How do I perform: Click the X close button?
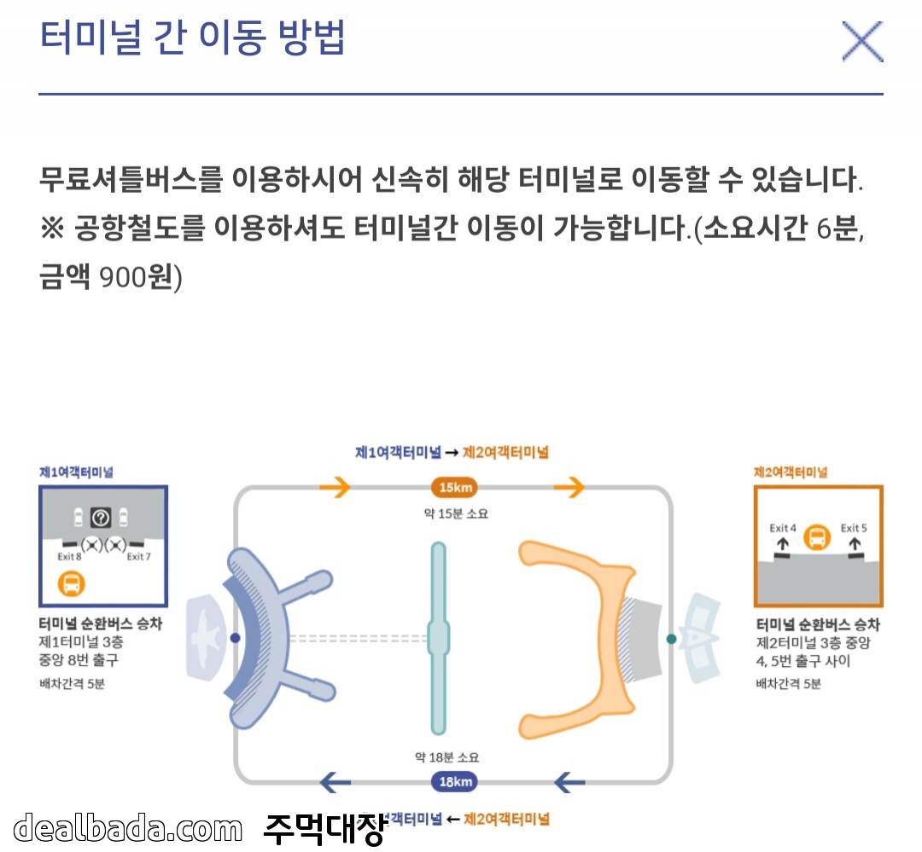coord(861,41)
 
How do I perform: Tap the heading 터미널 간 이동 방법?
coord(192,38)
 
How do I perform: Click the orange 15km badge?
coord(454,488)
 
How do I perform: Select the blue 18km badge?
coord(454,781)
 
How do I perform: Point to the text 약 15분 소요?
coord(454,513)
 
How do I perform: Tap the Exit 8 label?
coord(69,557)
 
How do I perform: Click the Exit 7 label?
coord(139,557)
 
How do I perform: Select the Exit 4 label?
coord(783,528)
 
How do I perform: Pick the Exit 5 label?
coord(854,528)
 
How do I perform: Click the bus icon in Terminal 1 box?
coord(72,584)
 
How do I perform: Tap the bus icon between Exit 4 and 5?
coord(818,537)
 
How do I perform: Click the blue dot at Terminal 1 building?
coord(236,638)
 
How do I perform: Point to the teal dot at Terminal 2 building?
coord(671,639)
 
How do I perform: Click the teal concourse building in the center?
coord(438,638)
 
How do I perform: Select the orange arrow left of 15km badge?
coord(335,488)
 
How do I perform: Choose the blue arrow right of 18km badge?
coord(570,781)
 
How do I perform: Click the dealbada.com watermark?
coord(128,827)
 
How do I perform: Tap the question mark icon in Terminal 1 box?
coord(101,517)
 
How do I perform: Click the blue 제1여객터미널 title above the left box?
coord(77,472)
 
